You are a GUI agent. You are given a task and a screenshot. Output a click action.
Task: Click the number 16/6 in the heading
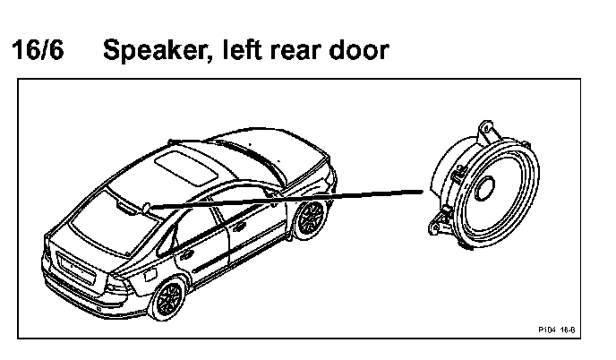(37, 50)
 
